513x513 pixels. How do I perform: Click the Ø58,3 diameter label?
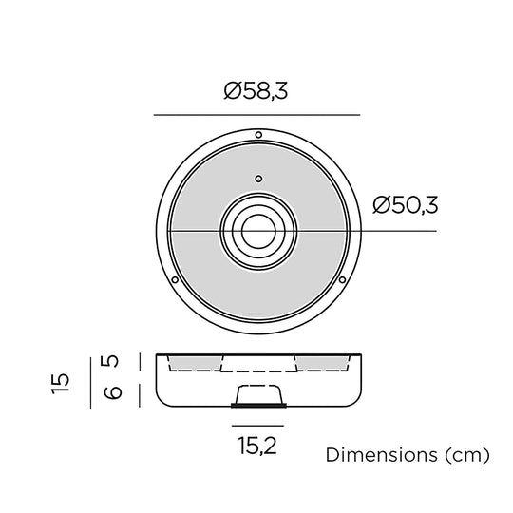(x=256, y=90)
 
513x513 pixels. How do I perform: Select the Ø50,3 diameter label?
(x=405, y=205)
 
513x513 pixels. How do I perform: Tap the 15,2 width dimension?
(x=257, y=446)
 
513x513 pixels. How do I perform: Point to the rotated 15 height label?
(x=61, y=383)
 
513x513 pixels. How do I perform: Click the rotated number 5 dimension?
(x=112, y=361)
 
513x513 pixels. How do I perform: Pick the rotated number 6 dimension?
(x=112, y=392)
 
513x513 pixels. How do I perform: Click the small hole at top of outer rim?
(x=258, y=135)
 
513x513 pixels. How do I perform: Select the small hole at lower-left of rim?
(x=175, y=280)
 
